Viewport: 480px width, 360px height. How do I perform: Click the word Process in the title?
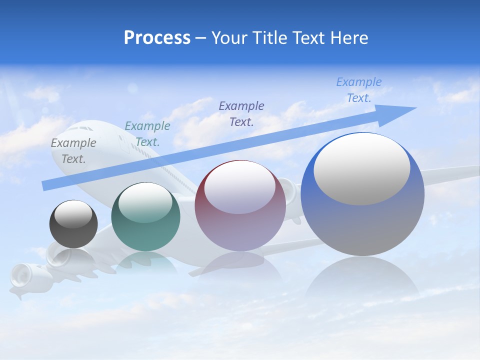tap(157, 38)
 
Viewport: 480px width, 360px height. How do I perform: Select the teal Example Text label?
tap(147, 134)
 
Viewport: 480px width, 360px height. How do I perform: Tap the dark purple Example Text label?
tap(241, 113)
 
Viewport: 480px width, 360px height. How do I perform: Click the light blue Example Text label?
tap(358, 90)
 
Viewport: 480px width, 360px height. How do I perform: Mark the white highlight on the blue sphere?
tap(361, 168)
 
